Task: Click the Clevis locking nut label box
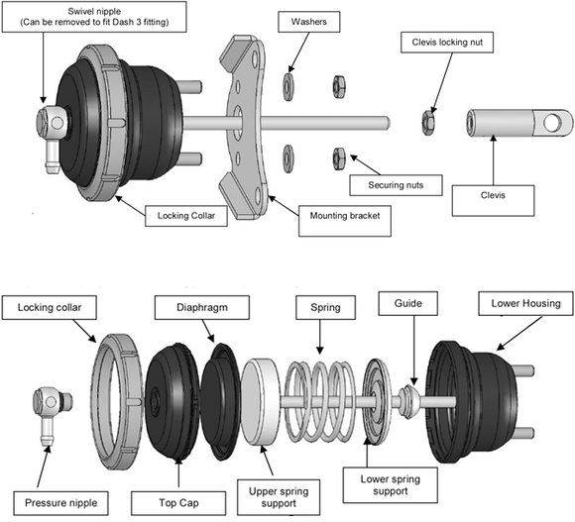point(447,43)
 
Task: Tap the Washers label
point(308,22)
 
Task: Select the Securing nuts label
point(396,185)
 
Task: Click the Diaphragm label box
point(202,308)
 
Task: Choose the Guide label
point(407,303)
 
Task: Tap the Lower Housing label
point(525,303)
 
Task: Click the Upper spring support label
point(279,497)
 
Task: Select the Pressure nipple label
point(60,503)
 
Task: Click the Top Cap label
point(178,503)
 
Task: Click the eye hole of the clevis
point(553,123)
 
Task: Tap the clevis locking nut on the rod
point(427,123)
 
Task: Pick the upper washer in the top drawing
point(288,87)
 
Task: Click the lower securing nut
point(339,158)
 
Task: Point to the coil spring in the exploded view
point(320,402)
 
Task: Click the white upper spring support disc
point(260,402)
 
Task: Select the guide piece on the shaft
point(408,402)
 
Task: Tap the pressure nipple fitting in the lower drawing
point(50,416)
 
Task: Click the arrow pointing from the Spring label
point(320,337)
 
